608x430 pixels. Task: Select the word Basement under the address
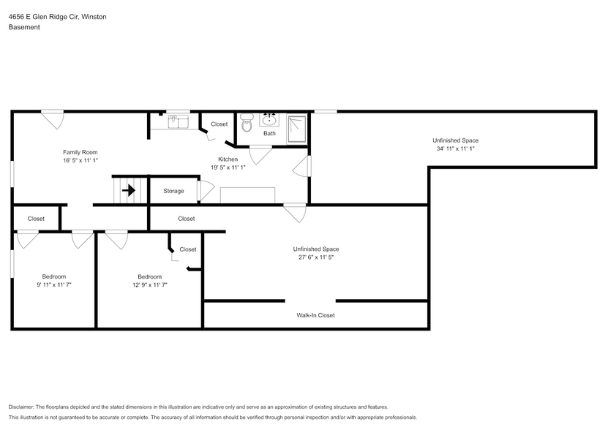point(24,27)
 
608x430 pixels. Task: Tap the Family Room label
point(80,152)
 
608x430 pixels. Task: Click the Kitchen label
point(228,159)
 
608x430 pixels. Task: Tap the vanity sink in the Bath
point(270,120)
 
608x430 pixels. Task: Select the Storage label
point(173,192)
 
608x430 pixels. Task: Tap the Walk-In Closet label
point(315,315)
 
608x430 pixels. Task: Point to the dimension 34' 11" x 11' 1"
point(455,148)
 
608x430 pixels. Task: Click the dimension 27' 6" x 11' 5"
point(315,257)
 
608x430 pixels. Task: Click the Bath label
point(269,133)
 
